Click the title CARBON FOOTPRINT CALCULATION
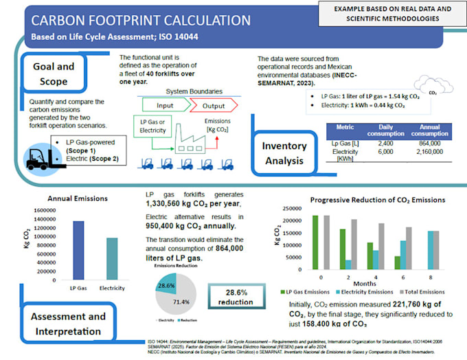(x=141, y=21)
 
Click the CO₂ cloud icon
(x=431, y=87)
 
